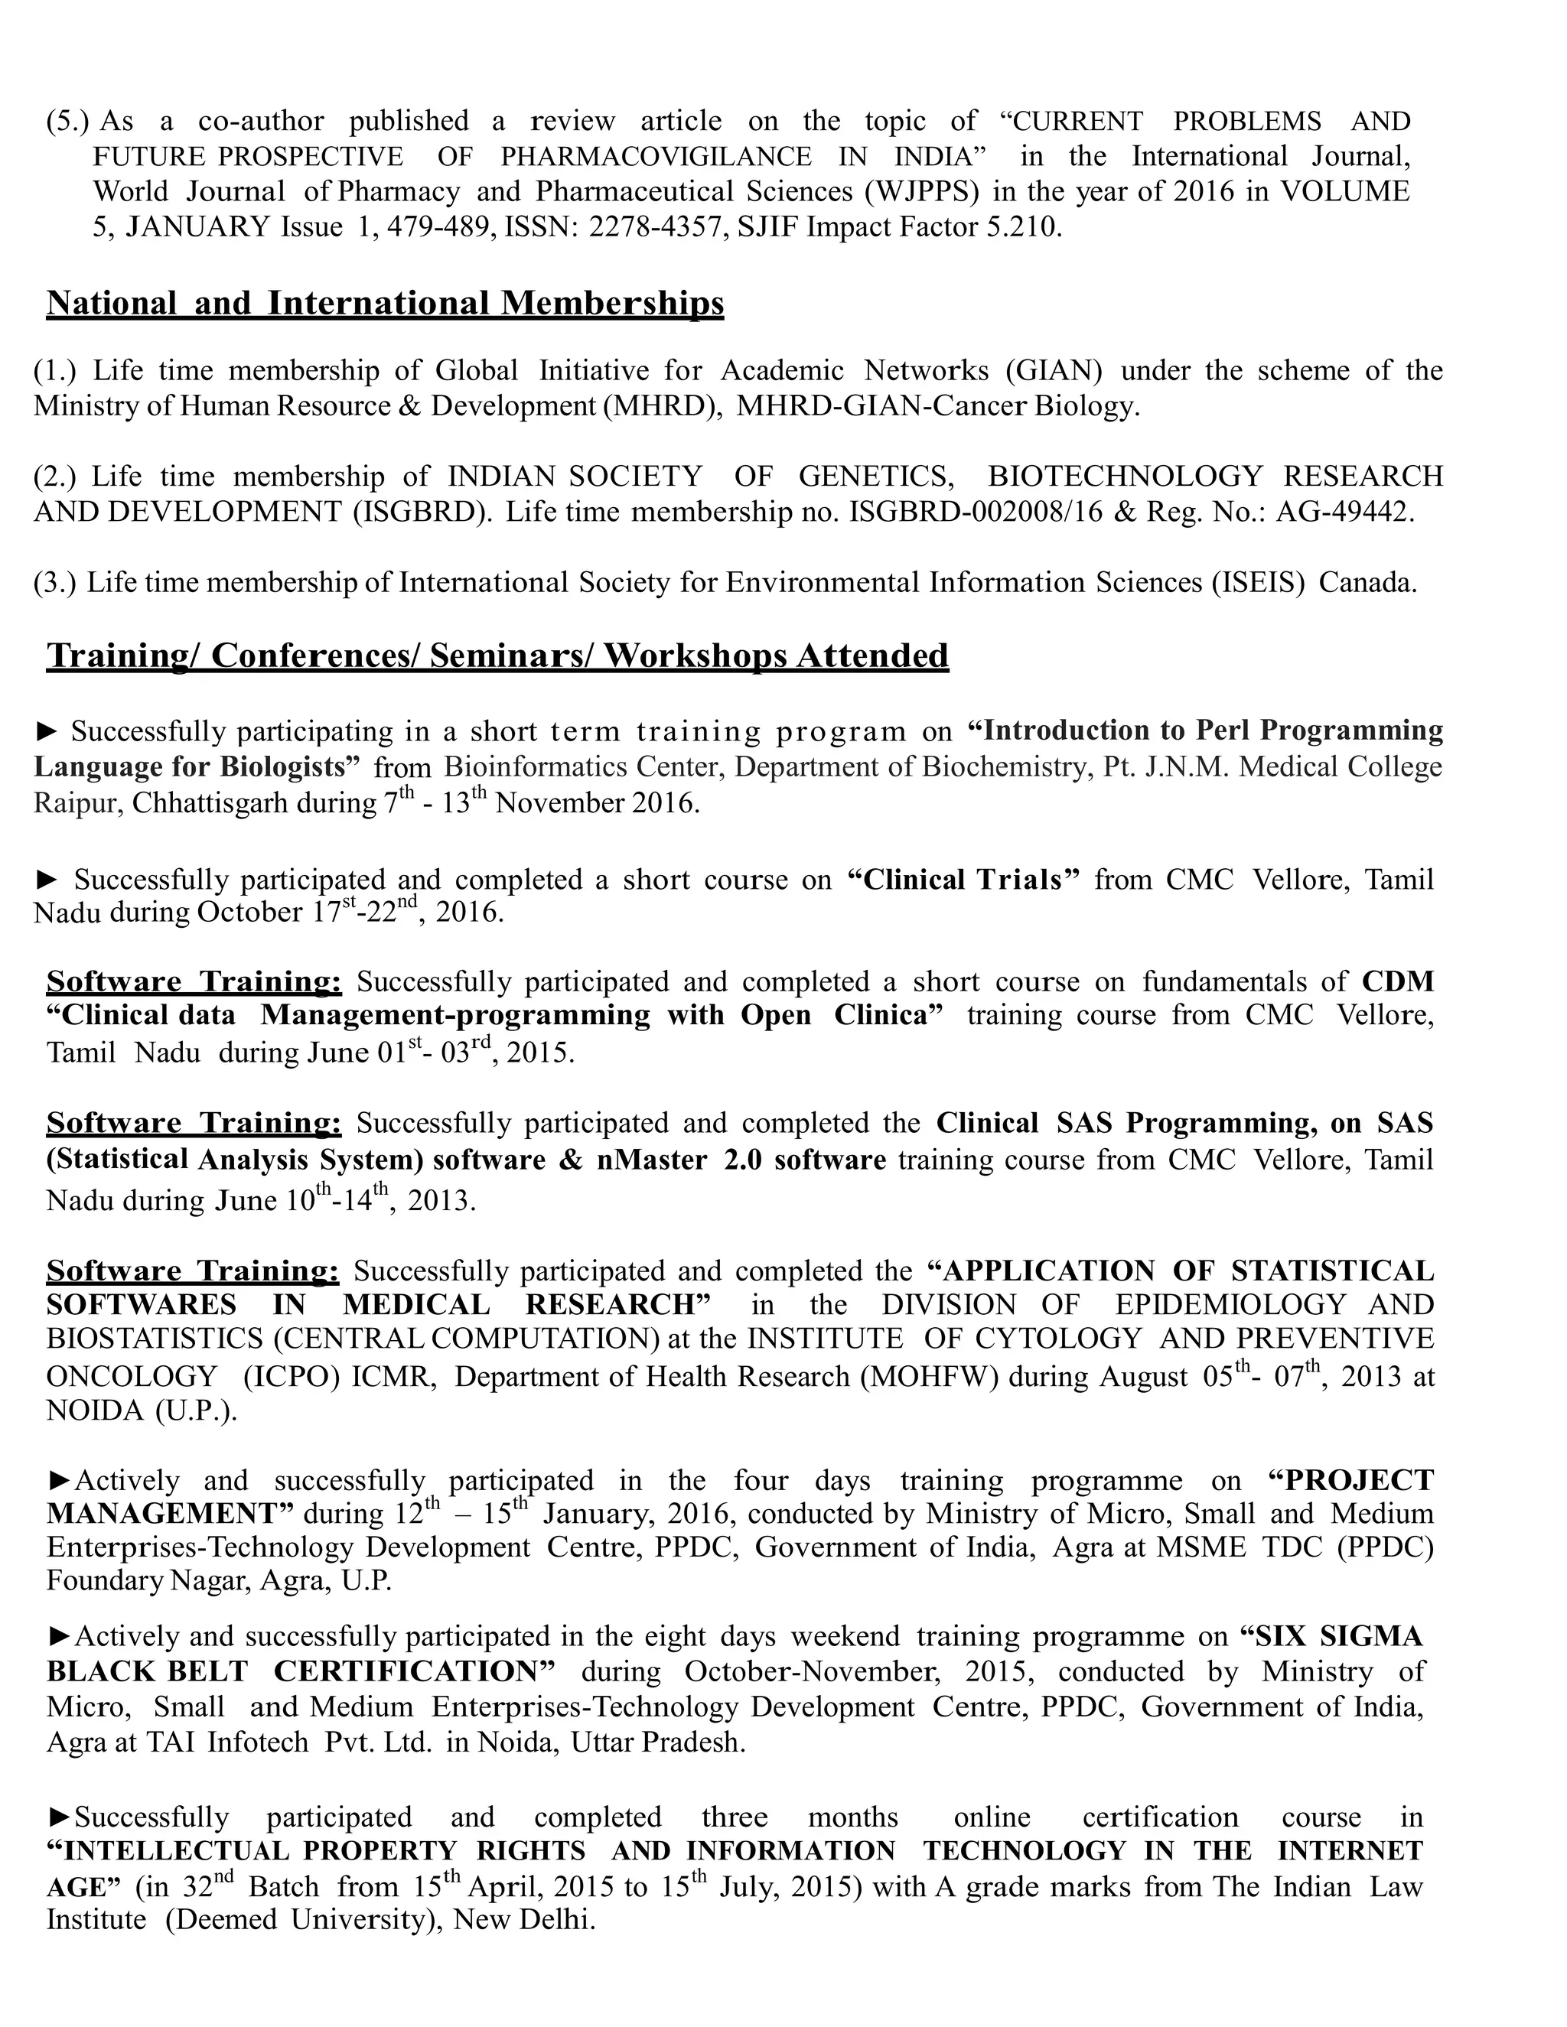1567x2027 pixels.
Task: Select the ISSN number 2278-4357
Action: pyautogui.click(x=653, y=226)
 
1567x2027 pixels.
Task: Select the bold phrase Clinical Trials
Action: pyautogui.click(x=963, y=879)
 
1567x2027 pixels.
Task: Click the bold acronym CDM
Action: pyautogui.click(x=1397, y=981)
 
